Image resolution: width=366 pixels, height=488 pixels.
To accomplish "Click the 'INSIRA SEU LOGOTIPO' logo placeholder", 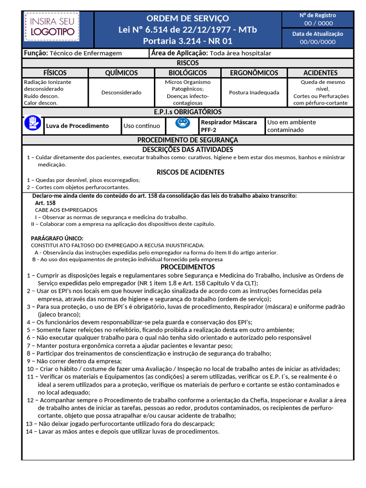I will tap(52, 27).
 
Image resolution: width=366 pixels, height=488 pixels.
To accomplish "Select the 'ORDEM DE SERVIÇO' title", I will tap(187, 18).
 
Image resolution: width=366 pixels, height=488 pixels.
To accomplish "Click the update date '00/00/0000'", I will tap(318, 42).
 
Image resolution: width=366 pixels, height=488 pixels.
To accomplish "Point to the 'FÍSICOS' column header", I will tap(55, 73).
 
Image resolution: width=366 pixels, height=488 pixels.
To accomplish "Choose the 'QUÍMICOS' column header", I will tap(121, 73).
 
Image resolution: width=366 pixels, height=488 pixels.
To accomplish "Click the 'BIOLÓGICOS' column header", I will tap(188, 73).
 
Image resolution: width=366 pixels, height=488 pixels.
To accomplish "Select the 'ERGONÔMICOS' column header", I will tap(254, 73).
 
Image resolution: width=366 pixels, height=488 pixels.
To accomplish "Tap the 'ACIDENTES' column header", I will tap(320, 73).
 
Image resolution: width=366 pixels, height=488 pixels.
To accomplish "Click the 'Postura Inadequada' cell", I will tap(254, 92).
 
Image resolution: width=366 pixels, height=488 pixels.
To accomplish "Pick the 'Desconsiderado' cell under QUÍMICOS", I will tap(121, 92).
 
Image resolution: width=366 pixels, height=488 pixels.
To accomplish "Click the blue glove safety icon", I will tap(32, 123).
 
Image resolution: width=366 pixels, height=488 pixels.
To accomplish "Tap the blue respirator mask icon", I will tap(183, 123).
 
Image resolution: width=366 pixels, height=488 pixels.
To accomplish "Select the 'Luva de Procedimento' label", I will tap(77, 126).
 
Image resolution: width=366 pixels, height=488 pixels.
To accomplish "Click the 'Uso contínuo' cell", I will tap(142, 126).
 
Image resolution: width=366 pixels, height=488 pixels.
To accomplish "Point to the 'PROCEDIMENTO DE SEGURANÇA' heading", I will tap(187, 140).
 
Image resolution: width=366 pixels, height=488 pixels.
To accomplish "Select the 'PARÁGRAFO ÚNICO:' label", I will tap(57, 238).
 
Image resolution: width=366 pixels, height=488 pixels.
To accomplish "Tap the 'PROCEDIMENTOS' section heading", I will tap(187, 267).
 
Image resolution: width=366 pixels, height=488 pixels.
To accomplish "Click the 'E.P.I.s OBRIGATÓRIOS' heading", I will tap(187, 112).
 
